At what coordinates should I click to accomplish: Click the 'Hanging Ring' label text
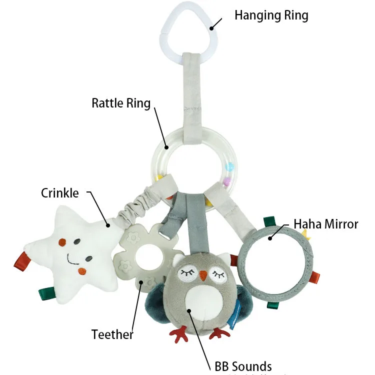point(271,15)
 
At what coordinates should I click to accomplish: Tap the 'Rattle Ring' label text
point(121,103)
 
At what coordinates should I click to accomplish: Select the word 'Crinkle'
point(60,193)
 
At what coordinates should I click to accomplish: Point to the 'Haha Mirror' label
point(325,223)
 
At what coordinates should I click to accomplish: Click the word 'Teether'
point(112,334)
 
